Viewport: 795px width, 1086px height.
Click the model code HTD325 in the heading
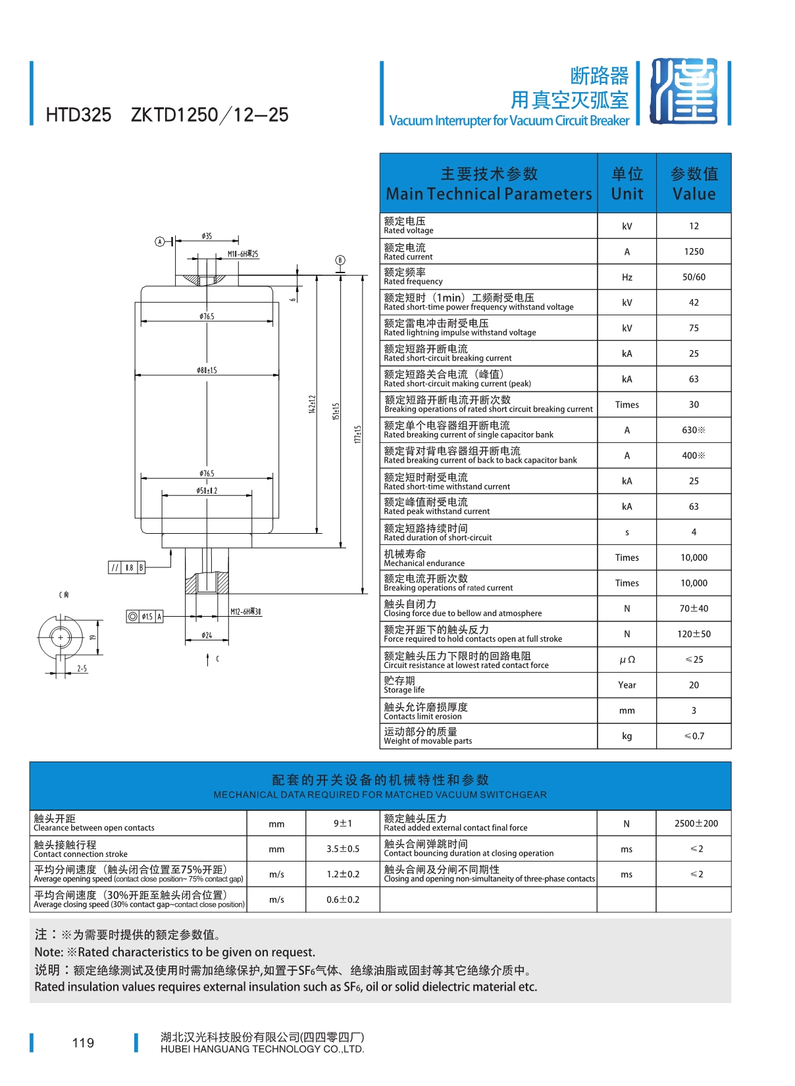78,115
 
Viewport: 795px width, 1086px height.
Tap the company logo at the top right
684,91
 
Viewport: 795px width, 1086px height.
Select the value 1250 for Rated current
694,251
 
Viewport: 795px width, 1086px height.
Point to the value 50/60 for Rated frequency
694,277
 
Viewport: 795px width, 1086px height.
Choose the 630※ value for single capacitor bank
694,430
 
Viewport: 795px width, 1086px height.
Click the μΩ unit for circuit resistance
627,659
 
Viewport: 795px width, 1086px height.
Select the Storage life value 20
694,685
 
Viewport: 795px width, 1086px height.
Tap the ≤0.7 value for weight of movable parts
694,736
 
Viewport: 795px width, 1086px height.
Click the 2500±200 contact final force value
696,823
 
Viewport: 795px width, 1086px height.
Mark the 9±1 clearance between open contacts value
343,823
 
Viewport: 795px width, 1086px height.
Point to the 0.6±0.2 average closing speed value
343,900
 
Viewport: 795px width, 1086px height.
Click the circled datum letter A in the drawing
159,242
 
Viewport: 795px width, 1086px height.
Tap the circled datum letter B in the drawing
340,260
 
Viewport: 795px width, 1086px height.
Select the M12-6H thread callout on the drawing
245,611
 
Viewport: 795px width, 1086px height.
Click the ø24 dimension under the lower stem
207,635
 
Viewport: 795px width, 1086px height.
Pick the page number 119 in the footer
83,1043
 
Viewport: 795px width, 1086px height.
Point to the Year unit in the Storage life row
627,685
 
